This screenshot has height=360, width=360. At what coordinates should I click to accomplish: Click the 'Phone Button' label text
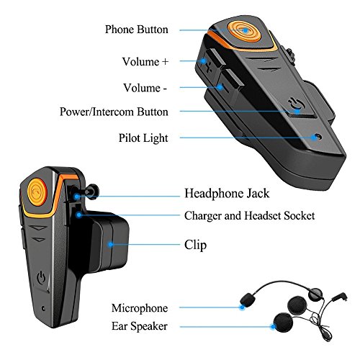click(137, 30)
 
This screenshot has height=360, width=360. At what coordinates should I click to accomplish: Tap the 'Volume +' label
click(145, 62)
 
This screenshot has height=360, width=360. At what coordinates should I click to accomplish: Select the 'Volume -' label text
click(145, 88)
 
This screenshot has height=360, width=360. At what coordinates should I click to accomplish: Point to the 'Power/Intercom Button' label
click(114, 112)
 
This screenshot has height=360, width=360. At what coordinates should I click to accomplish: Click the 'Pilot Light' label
click(143, 138)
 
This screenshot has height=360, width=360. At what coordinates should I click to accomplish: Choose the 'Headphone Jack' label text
click(227, 194)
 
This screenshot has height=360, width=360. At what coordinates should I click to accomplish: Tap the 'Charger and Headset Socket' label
click(249, 215)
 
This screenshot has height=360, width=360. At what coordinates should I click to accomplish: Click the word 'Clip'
click(195, 246)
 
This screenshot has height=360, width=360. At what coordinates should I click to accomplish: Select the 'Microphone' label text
click(140, 308)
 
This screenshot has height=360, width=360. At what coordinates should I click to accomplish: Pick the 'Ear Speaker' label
click(140, 326)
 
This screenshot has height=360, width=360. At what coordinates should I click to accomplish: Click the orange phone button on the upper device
click(244, 32)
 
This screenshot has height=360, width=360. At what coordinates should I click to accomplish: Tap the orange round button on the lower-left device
click(37, 192)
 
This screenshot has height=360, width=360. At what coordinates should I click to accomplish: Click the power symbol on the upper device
click(296, 104)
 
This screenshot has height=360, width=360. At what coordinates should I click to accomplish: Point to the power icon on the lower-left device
click(41, 277)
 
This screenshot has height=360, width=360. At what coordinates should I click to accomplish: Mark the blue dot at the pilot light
click(314, 138)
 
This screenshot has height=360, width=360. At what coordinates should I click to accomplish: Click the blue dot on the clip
click(110, 245)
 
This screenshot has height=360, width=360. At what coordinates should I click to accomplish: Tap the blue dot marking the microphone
click(242, 307)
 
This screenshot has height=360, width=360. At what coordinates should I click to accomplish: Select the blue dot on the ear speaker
click(273, 327)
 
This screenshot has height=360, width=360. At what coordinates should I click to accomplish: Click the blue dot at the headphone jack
click(76, 197)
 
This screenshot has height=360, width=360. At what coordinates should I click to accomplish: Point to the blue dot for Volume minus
click(220, 87)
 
